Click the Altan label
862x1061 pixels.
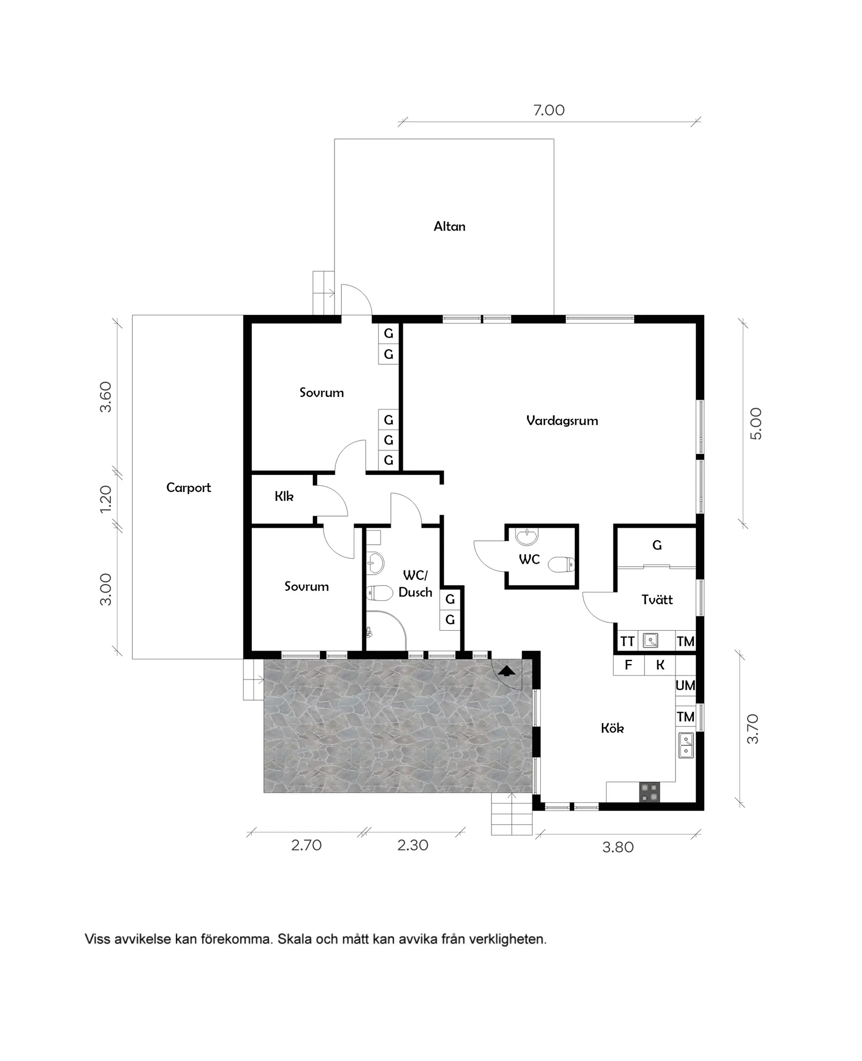(x=449, y=226)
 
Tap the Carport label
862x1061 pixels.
(x=189, y=487)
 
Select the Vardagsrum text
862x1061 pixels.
(x=562, y=420)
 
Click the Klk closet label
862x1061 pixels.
(x=284, y=496)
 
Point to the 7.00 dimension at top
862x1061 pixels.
(x=549, y=110)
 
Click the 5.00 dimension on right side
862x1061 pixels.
(x=756, y=424)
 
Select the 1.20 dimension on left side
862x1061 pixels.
(x=106, y=499)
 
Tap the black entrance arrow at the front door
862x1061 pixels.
(x=506, y=671)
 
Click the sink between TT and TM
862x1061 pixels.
(x=650, y=641)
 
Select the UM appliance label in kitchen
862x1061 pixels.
(x=685, y=685)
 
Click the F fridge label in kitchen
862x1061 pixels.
(x=628, y=665)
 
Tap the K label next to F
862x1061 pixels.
(x=660, y=665)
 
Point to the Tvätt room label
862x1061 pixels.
(x=657, y=599)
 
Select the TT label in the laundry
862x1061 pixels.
(x=627, y=641)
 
